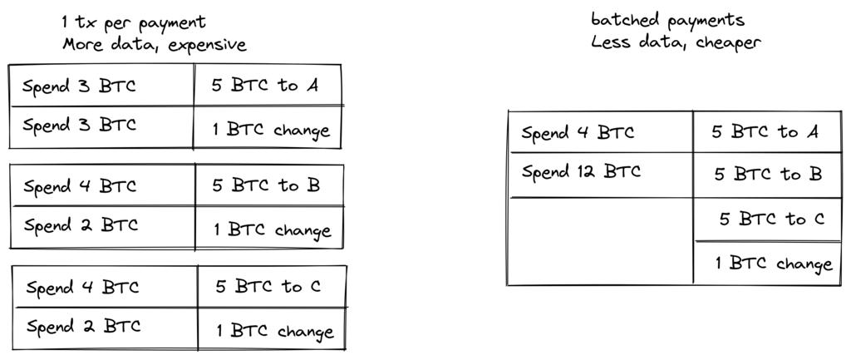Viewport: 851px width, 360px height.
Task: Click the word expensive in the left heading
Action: click(x=207, y=45)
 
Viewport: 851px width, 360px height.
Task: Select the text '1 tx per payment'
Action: click(x=133, y=22)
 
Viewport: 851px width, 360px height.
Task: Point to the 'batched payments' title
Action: click(x=667, y=20)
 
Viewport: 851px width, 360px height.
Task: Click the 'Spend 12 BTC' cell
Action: click(x=581, y=173)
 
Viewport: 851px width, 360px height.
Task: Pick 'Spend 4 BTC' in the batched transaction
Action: click(x=578, y=133)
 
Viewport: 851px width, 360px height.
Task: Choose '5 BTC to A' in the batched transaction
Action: click(x=765, y=132)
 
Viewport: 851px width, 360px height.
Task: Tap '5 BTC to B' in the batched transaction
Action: click(x=767, y=175)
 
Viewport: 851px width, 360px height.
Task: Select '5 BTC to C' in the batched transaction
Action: click(x=771, y=219)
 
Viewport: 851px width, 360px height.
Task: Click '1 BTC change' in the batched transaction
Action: click(x=773, y=264)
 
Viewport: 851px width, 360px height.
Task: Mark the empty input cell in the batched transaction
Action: click(x=600, y=241)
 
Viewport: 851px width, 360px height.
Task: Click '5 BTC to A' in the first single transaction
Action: click(x=264, y=86)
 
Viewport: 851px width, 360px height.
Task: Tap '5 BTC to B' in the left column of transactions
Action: click(x=265, y=185)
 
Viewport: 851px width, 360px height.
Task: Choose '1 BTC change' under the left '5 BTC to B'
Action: click(x=272, y=230)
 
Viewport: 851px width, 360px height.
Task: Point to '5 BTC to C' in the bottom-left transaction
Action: click(x=268, y=288)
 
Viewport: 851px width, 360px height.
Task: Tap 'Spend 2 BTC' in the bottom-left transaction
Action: click(x=83, y=327)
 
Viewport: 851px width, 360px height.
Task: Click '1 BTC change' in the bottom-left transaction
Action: click(x=274, y=332)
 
